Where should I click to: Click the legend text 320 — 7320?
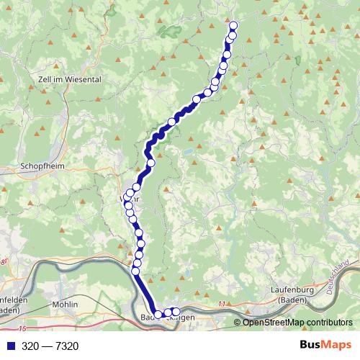[50, 346]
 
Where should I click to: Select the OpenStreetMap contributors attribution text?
[297, 323]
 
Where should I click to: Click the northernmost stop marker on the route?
[233, 27]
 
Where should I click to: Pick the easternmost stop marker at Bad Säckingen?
[176, 312]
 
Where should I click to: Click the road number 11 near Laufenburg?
[222, 305]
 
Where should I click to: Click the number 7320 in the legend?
[65, 346]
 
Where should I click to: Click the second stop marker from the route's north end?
[232, 36]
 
